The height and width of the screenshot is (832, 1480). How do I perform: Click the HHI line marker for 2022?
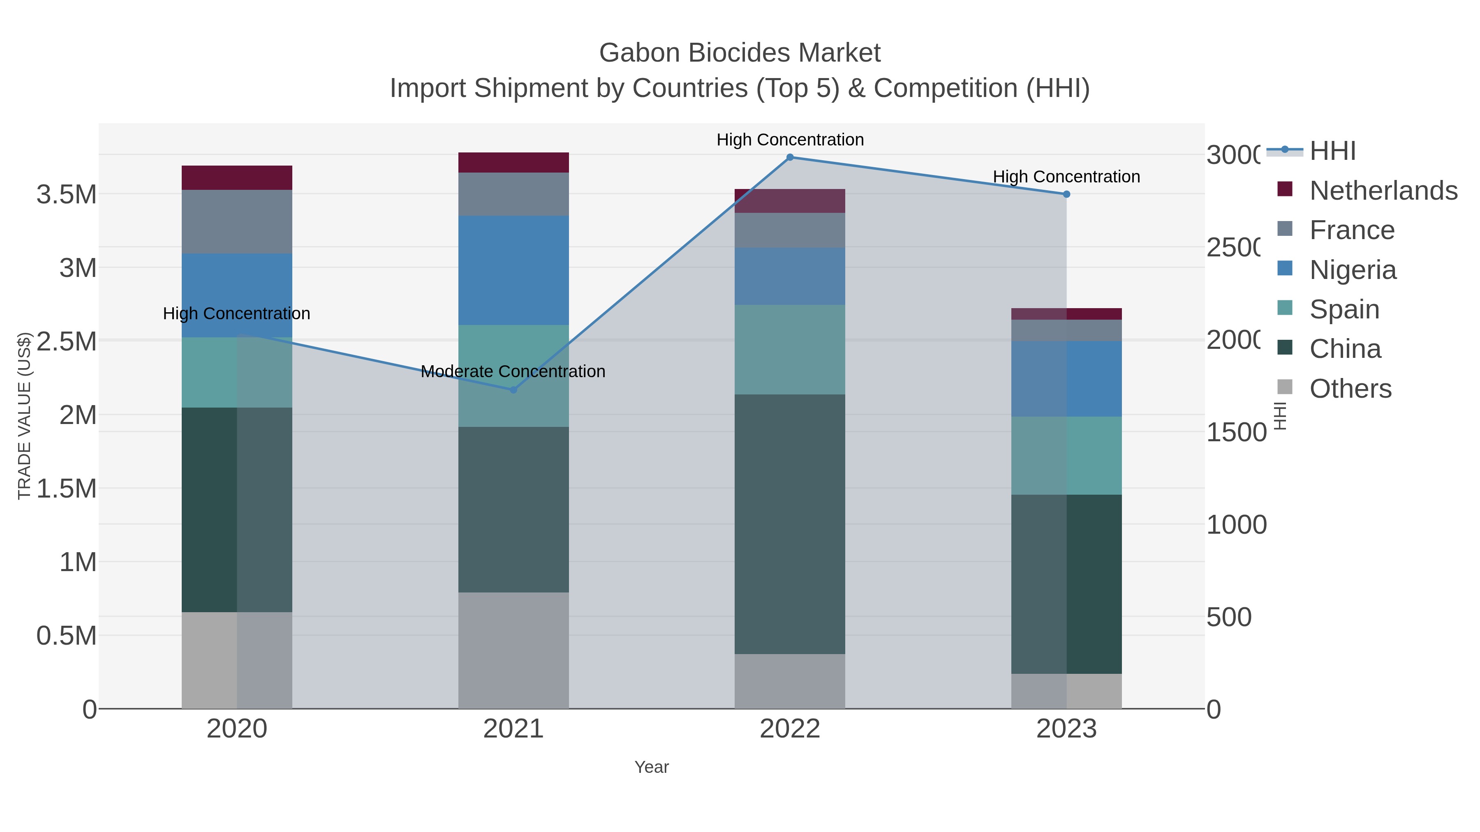pos(790,157)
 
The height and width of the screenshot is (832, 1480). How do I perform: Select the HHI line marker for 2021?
pos(513,390)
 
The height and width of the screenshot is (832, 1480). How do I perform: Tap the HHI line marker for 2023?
pos(1066,194)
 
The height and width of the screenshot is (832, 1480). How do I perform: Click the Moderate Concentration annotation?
pos(513,371)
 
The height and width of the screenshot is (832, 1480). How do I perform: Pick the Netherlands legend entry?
pos(1383,191)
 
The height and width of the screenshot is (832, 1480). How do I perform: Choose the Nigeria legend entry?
pos(1353,270)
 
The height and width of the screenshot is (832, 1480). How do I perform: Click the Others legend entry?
pos(1350,389)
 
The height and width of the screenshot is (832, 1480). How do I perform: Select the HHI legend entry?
pos(1332,151)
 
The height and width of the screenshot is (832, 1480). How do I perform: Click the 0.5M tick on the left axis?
pos(67,636)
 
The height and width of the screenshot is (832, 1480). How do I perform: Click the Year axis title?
pos(652,767)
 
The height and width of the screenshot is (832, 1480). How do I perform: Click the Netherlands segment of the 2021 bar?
pos(513,162)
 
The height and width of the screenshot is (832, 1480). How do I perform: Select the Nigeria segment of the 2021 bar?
pos(513,270)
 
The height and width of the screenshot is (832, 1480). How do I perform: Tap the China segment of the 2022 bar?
pos(790,524)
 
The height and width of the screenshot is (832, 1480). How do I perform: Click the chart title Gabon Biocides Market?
pos(740,53)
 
